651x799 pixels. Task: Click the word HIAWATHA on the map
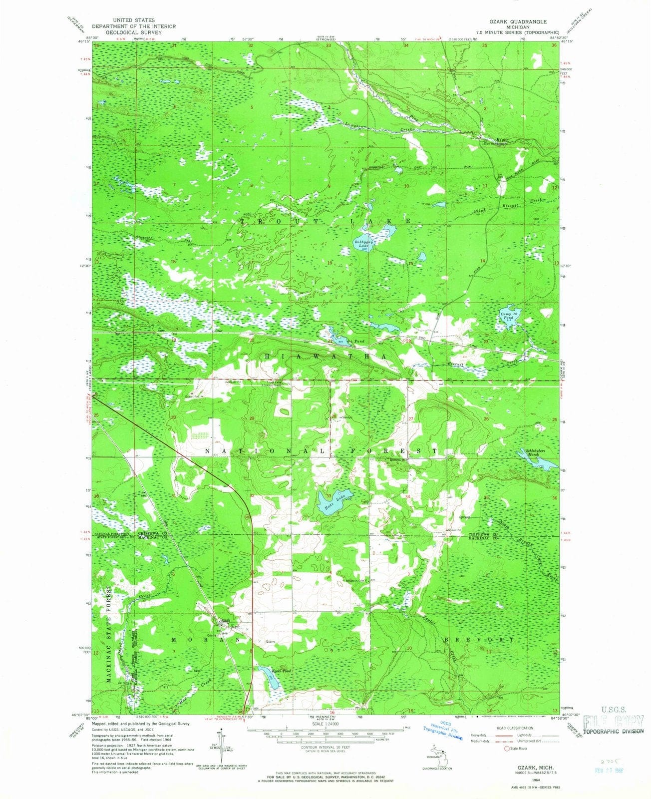[325, 356]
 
